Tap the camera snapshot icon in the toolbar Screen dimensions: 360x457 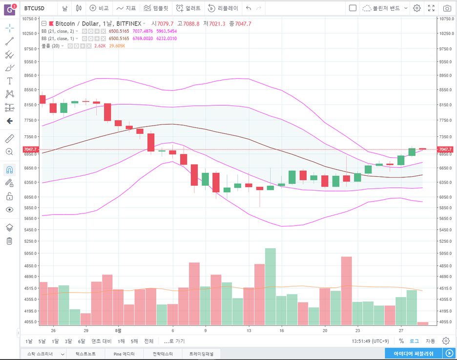coord(447,8)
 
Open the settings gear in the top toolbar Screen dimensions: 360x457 coord(416,8)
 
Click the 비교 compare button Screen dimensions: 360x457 coord(99,8)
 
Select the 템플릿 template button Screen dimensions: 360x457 coord(155,8)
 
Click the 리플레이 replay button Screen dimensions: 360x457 coord(223,8)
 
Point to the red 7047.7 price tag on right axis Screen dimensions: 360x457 coord(445,149)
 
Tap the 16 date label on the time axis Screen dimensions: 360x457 coord(282,330)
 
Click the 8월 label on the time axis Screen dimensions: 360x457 coord(118,330)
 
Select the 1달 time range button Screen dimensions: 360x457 coord(55,341)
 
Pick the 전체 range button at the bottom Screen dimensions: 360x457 coord(149,341)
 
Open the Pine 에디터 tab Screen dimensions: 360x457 coord(124,353)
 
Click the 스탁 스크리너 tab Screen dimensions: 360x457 coord(41,353)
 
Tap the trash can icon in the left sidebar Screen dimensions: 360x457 coord(9,241)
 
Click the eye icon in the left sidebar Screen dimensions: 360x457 coord(9,210)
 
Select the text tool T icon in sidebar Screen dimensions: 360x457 coord(9,81)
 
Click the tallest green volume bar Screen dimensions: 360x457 coord(270,286)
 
